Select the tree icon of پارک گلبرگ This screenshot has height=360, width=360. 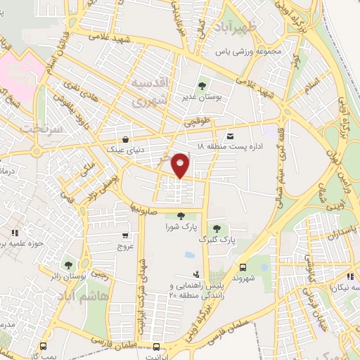click(x=217, y=228)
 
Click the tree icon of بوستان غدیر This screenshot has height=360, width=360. click(x=202, y=86)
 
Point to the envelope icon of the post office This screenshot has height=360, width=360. click(x=229, y=136)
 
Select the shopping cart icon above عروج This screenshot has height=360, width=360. click(x=125, y=236)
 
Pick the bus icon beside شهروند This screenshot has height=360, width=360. click(x=242, y=267)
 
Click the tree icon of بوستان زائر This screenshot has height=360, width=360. click(x=68, y=265)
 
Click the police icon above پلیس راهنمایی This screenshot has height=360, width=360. click(x=195, y=274)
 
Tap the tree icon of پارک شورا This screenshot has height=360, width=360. click(x=181, y=217)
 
